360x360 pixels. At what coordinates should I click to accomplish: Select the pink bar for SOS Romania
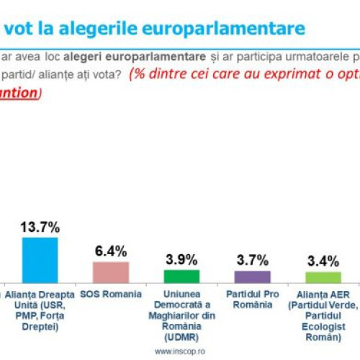click(x=111, y=271)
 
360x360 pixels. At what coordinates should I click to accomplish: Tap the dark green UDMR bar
click(x=181, y=276)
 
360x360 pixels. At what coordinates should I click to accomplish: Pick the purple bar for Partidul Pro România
click(x=253, y=276)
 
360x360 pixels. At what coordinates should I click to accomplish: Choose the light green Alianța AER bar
click(x=323, y=277)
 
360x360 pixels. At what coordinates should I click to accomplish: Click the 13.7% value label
click(x=40, y=226)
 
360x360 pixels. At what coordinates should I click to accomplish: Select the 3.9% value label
click(x=181, y=259)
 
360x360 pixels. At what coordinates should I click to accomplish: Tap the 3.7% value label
click(x=253, y=260)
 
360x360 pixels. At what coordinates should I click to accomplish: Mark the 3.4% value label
click(x=323, y=261)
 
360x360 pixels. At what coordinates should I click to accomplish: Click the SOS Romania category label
click(x=111, y=294)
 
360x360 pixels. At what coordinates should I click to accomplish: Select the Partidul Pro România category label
click(x=253, y=300)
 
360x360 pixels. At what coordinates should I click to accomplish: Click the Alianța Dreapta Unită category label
click(x=40, y=310)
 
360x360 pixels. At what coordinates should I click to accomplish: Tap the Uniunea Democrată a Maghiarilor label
click(x=181, y=315)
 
